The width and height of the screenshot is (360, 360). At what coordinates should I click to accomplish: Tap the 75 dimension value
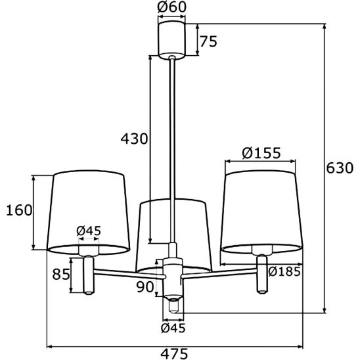pos(208,41)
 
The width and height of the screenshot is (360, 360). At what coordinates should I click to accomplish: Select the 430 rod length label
pos(134,139)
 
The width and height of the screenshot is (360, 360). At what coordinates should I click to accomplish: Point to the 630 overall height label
pos(340,168)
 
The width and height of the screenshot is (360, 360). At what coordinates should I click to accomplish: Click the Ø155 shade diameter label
pos(261,152)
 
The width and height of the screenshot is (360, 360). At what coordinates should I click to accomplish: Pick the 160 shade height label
pos(19,210)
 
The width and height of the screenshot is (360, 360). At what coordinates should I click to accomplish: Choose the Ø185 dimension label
pos(284,271)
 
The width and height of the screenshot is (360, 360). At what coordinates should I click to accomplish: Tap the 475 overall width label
pos(174,353)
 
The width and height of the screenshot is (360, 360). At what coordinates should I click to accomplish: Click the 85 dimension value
pos(61,274)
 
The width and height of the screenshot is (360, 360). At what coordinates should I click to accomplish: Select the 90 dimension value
pos(145,287)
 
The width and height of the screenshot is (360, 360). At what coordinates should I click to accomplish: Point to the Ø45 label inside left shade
pos(89,231)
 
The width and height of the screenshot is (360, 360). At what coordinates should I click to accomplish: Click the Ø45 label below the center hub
pos(173,328)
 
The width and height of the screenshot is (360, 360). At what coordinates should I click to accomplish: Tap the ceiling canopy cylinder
pos(171,39)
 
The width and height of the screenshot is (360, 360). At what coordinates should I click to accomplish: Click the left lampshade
pos(89,212)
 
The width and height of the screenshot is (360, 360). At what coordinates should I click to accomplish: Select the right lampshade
pos(261,212)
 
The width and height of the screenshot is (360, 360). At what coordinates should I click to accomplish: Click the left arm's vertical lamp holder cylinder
pos(89,275)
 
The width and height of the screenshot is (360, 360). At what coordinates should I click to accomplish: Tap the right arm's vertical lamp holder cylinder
pos(261,275)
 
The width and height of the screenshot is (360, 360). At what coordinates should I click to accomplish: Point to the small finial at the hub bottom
pos(173,306)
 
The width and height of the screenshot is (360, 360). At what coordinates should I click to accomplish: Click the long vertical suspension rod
pos(172,149)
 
